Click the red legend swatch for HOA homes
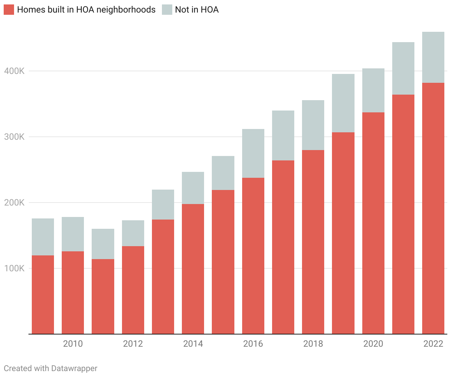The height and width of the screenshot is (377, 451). pos(9,10)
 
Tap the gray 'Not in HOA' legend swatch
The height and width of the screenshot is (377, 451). pos(167,10)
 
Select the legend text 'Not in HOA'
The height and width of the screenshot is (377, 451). pos(197,10)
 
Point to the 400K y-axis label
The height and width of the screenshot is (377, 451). pos(14,71)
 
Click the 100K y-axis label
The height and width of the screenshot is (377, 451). pos(14,268)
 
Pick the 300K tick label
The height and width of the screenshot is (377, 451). pos(14,137)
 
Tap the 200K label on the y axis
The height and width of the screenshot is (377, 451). pos(14,203)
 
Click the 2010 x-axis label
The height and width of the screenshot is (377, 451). pos(73,344)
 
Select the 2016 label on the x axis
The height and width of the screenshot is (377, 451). pos(253,344)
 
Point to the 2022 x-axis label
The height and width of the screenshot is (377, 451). pos(433,344)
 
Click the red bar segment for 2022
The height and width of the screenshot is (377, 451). pos(433,207)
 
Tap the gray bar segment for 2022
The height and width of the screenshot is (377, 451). pos(433,57)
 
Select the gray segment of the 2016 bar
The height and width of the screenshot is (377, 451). pos(253,153)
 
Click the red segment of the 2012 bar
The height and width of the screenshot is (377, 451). pos(133,290)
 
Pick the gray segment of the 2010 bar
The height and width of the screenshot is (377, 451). pos(73,234)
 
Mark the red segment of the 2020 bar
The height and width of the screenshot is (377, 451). pos(373,222)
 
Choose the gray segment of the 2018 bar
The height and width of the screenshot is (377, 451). pos(313,125)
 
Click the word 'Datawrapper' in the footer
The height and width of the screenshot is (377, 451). pos(74,368)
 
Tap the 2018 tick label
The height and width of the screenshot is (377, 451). pos(313,344)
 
